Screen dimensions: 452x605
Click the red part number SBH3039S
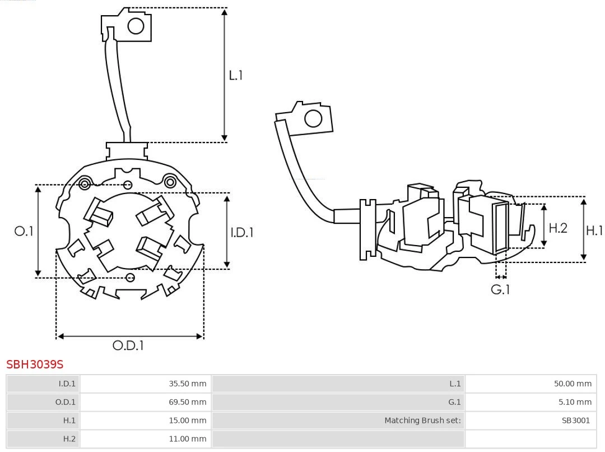(x=35, y=365)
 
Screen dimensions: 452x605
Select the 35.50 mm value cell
(x=188, y=384)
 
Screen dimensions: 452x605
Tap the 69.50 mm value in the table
(x=188, y=402)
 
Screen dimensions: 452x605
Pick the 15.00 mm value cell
(x=188, y=421)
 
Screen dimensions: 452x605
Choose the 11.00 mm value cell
(x=188, y=439)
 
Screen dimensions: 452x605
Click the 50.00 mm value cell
(x=573, y=384)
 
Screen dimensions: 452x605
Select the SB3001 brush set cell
(x=576, y=421)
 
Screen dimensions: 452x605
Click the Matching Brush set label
(x=422, y=421)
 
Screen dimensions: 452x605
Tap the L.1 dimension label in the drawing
(x=236, y=75)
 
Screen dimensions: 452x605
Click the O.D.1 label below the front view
(x=128, y=345)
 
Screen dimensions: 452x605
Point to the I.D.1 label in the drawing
(x=242, y=232)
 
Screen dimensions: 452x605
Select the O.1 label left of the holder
(x=24, y=231)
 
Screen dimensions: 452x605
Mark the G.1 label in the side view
(x=500, y=289)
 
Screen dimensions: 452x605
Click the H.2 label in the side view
(x=558, y=228)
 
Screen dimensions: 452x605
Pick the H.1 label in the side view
(x=594, y=230)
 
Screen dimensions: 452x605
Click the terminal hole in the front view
(x=136, y=26)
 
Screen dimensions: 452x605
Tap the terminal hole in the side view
(x=313, y=119)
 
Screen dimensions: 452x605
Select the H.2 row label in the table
(x=69, y=439)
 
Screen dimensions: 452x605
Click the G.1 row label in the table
(x=454, y=402)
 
